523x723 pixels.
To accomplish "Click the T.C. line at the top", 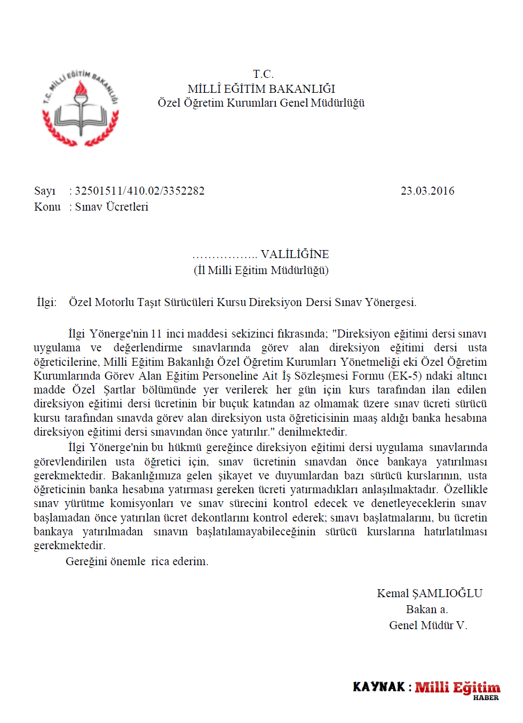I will (x=263, y=74).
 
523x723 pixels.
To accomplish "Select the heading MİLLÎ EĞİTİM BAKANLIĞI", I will (x=261, y=89).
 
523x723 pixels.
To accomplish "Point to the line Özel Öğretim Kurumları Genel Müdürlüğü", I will (x=261, y=103).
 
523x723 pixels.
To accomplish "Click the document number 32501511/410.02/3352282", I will (x=139, y=191).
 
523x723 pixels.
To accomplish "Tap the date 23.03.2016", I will (x=427, y=191).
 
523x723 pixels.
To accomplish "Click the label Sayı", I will (x=44, y=191).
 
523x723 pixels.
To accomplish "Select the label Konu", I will (x=47, y=207).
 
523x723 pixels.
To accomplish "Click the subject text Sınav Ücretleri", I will (x=112, y=207).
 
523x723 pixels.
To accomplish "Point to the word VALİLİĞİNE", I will (x=295, y=254).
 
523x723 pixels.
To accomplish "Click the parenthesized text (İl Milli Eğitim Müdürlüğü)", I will (x=261, y=270).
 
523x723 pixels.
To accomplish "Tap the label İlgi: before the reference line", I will (x=46, y=302).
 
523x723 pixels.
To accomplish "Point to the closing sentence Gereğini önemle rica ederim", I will (x=137, y=561).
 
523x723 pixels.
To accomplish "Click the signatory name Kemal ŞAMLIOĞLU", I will (x=430, y=593).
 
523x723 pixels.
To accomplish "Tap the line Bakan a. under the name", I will (x=427, y=609).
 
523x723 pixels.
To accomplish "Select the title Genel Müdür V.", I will (x=428, y=625).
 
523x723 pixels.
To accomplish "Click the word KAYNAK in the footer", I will (x=379, y=687).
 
